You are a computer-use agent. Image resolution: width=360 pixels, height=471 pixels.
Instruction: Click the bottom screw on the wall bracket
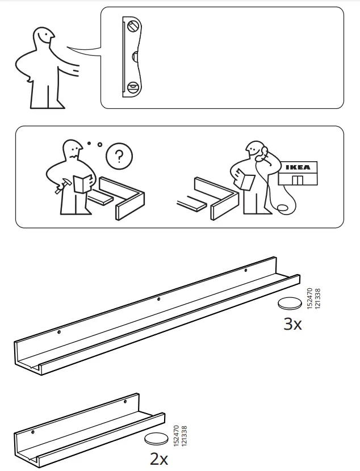click(x=133, y=87)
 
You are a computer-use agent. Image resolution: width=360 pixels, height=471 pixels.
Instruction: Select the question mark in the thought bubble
click(x=118, y=156)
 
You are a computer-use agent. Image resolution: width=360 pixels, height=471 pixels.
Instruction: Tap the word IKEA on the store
click(x=297, y=167)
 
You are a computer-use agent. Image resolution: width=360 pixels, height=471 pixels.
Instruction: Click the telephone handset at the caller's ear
click(x=263, y=152)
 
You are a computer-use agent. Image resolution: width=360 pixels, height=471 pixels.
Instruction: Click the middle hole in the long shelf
click(x=158, y=299)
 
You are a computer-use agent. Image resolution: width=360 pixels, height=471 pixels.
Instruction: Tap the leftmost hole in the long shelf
click(x=58, y=331)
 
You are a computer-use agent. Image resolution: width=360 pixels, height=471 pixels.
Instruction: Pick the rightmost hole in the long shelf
click(x=245, y=271)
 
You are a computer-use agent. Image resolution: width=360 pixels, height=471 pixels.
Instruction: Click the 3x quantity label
click(x=292, y=324)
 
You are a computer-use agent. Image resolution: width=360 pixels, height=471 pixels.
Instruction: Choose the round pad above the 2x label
click(x=156, y=438)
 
